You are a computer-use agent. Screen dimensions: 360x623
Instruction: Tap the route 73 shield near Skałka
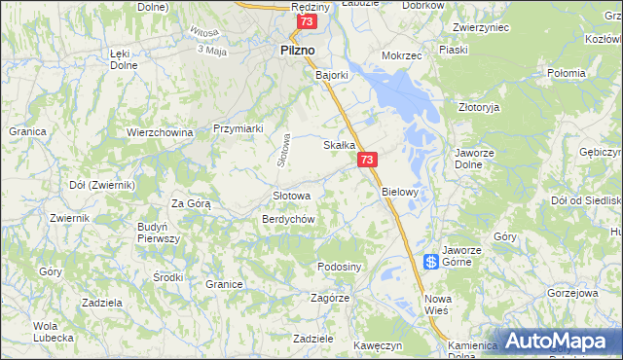(367, 160)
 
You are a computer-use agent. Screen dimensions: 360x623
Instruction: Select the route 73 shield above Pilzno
(308, 21)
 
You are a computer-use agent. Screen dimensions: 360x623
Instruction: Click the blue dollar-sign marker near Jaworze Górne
(430, 262)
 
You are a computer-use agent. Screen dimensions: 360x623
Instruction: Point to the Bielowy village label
(400, 192)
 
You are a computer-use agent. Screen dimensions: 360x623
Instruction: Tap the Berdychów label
(288, 219)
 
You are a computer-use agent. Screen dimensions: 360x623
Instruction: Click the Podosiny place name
(340, 267)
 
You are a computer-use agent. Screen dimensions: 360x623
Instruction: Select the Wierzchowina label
(161, 131)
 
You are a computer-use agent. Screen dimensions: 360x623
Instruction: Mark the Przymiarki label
(238, 128)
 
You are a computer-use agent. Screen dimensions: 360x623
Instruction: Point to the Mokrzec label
(402, 56)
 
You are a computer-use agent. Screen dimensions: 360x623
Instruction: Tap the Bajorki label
(331, 74)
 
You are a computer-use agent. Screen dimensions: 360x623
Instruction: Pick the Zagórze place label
(327, 298)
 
